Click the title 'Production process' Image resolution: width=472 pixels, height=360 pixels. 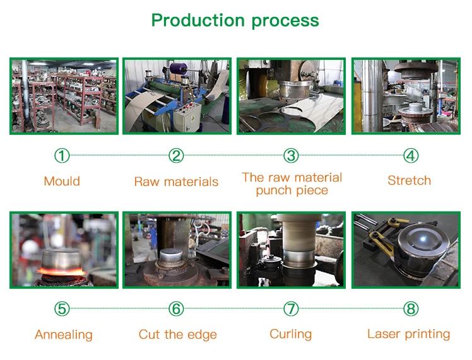click(x=235, y=20)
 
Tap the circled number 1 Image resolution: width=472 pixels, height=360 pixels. click(x=62, y=156)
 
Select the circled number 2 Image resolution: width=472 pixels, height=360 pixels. click(x=176, y=156)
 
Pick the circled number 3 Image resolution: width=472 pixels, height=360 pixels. click(x=290, y=156)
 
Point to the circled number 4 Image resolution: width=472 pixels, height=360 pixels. click(x=411, y=156)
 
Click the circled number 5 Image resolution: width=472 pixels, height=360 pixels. click(x=62, y=309)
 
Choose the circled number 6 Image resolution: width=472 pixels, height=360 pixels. click(x=176, y=309)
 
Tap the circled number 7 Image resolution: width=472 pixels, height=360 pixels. click(x=290, y=309)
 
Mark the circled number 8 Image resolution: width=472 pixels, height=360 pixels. click(x=411, y=309)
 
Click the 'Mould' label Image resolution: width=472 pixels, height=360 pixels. click(x=62, y=182)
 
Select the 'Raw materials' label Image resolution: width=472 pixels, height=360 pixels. click(x=176, y=182)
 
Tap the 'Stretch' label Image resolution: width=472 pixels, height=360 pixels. click(x=410, y=181)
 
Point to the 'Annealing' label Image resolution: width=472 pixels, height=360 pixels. click(x=64, y=335)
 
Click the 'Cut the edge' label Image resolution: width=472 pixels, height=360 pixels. click(x=178, y=335)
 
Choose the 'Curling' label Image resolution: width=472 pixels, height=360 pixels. click(x=290, y=334)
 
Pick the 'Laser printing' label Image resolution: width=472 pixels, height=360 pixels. click(x=409, y=334)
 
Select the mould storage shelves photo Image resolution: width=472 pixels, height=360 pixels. click(x=64, y=96)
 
